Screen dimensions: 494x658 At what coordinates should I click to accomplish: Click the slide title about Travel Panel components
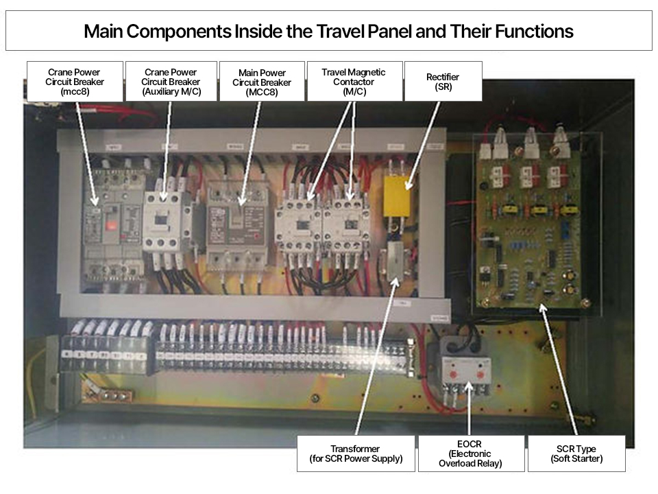[x=328, y=31]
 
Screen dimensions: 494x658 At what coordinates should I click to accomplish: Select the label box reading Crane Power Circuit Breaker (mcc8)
[x=75, y=82]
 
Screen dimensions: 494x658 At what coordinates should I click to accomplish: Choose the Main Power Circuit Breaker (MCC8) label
[x=262, y=82]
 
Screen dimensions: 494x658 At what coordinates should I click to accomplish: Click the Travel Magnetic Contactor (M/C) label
[x=353, y=82]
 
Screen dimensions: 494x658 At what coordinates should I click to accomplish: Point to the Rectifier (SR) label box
[x=443, y=82]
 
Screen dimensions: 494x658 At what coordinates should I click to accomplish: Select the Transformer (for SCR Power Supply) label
[x=356, y=454]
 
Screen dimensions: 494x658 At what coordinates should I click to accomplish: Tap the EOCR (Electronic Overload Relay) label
[x=470, y=454]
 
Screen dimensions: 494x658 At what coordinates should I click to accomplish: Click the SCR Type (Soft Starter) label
[x=576, y=454]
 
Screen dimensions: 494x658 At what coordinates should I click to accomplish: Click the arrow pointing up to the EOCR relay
[x=470, y=412]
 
